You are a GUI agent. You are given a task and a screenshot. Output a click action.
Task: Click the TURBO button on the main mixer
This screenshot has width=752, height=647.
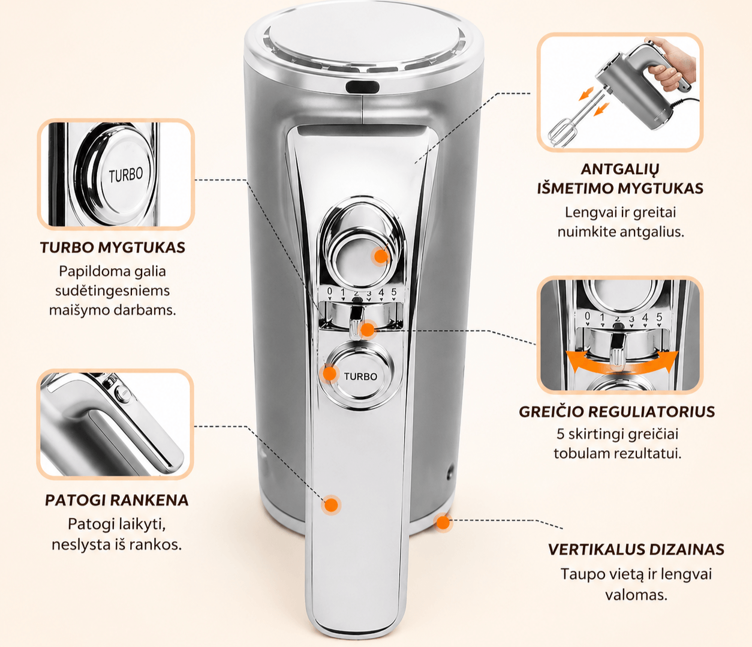[360, 376]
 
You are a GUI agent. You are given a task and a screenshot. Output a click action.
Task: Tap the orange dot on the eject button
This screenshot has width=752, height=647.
[381, 256]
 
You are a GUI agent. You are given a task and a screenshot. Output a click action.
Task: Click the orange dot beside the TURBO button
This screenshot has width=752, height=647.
[330, 374]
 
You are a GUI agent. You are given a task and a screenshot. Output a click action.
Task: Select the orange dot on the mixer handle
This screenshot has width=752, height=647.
[331, 505]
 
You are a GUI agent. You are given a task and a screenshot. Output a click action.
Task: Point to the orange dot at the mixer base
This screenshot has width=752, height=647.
[443, 523]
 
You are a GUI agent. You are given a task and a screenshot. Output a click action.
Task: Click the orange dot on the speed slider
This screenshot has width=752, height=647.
[368, 330]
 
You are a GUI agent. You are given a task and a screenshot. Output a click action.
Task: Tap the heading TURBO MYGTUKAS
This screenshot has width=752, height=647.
[112, 248]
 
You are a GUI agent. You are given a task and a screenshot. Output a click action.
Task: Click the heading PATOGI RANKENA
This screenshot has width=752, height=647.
[117, 501]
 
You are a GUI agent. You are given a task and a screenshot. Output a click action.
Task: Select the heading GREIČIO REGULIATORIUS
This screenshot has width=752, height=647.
[617, 412]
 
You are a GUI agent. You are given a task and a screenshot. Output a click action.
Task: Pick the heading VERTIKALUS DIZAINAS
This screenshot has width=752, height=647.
[636, 549]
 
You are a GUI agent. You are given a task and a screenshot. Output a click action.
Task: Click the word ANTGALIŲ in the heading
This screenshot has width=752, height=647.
[620, 170]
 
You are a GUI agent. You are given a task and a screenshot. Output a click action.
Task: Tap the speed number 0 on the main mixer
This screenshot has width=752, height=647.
[330, 291]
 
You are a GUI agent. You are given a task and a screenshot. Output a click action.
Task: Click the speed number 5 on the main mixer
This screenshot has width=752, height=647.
[393, 292]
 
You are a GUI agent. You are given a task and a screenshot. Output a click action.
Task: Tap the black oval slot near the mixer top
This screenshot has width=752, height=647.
[362, 87]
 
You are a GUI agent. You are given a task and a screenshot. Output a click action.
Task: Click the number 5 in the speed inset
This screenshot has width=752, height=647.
[659, 317]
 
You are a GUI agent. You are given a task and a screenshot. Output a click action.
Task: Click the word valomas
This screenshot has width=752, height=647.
[636, 595]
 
